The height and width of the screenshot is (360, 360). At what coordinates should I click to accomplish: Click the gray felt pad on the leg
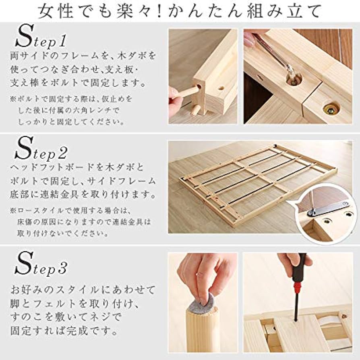[x=205, y=303]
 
